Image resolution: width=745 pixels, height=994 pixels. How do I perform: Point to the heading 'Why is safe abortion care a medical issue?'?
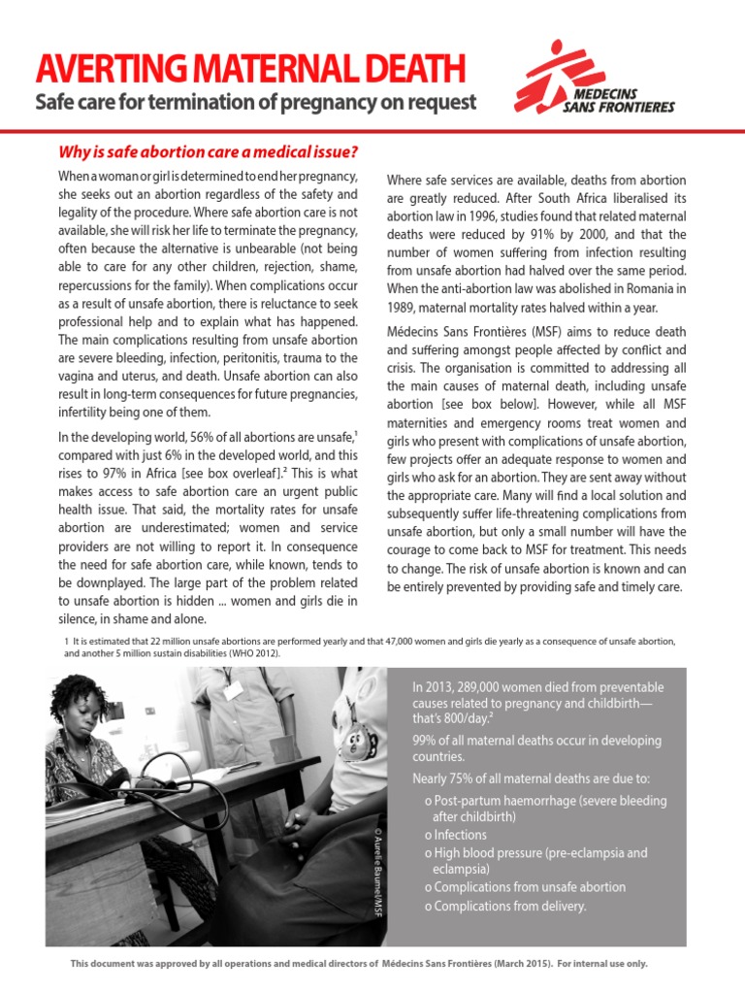tap(209, 151)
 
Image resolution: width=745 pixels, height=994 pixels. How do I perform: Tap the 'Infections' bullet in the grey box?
tap(461, 835)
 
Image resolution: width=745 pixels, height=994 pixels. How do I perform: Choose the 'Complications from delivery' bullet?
tap(509, 906)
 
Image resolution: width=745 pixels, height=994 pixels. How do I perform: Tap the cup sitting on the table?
tap(282, 751)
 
